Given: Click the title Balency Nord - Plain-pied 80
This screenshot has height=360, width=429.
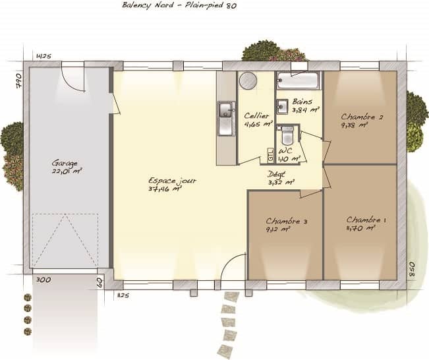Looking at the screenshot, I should pos(179,5).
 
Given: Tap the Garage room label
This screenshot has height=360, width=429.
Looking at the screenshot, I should pos(65,163).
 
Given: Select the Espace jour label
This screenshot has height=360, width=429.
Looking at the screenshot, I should pos(171,180).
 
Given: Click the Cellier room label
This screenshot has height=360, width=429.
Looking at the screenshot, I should pos(256,115).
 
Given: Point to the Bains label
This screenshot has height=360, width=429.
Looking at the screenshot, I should pos(302,102).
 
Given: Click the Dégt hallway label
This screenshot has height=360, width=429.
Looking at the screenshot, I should pos(276,173).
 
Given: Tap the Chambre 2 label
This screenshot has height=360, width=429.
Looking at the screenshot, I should pos(362,117).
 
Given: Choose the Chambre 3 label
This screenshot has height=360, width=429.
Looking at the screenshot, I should pos(287,221).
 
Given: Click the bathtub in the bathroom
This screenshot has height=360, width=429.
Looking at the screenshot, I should pos(299,81).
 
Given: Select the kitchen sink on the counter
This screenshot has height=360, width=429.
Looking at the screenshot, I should pos(226,110).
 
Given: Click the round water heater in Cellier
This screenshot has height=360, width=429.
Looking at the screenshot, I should pos(248,80).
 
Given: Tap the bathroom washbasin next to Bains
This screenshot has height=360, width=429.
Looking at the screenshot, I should pos(281,105).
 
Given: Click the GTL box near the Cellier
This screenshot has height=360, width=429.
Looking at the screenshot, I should pos(270,156).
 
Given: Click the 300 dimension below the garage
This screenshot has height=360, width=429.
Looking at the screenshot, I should pos(43,280).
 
